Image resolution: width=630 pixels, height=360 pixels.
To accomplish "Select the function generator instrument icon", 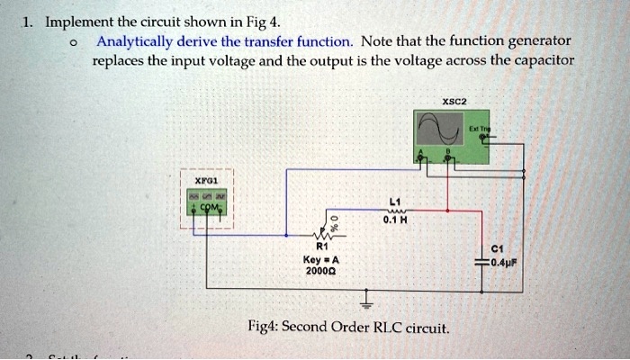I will (x=206, y=202).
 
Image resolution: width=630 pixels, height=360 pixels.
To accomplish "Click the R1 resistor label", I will (x=321, y=245).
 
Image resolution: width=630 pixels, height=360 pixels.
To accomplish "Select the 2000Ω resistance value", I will (x=321, y=268).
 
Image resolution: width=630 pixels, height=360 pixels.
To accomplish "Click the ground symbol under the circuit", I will (x=365, y=297).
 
